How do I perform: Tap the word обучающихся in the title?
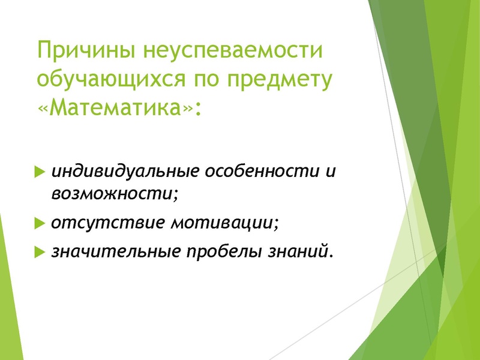click(105, 81)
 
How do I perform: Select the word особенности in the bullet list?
click(261, 172)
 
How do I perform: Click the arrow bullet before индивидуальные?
click(40, 173)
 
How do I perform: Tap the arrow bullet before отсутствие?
click(40, 224)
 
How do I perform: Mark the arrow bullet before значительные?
click(40, 253)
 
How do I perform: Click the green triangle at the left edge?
click(7, 288)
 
